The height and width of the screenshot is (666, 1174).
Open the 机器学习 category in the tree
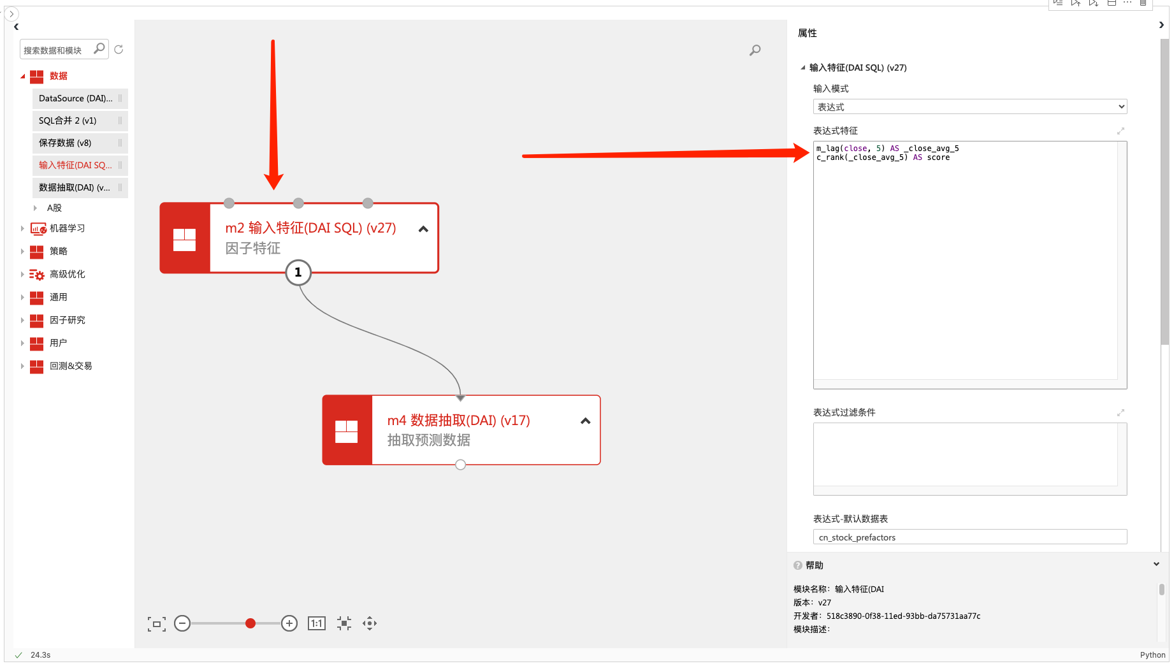click(x=67, y=228)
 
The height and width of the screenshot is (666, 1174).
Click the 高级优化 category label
click(x=67, y=274)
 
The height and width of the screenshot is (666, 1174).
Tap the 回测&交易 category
click(x=71, y=366)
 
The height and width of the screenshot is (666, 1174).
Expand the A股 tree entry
click(x=54, y=208)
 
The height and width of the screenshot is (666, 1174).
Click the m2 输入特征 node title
click(x=310, y=228)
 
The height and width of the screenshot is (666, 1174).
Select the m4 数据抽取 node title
click(x=459, y=421)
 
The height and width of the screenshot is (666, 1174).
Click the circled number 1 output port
click(x=298, y=273)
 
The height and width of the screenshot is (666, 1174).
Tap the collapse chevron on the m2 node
click(x=423, y=229)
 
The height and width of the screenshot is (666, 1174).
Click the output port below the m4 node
click(x=461, y=465)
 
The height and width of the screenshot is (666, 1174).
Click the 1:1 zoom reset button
click(x=317, y=623)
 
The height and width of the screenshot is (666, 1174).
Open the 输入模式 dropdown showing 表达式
click(x=970, y=107)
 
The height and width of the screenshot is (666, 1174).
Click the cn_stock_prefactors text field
click(x=970, y=537)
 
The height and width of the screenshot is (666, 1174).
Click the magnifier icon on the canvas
click(x=755, y=50)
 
